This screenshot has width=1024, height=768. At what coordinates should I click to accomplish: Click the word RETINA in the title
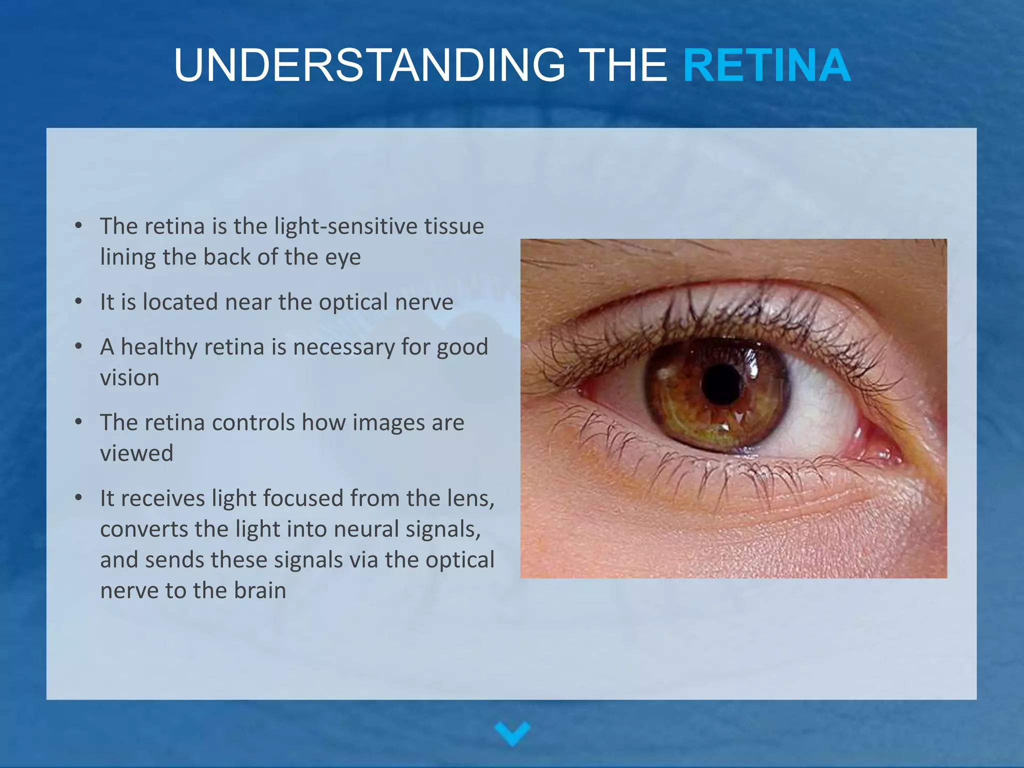766,66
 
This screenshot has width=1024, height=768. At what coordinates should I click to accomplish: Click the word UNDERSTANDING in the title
369,66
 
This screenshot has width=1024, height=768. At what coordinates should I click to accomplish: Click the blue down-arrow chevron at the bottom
512,733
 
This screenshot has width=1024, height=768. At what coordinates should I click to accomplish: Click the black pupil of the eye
721,384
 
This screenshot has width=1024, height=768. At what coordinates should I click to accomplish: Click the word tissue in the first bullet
454,226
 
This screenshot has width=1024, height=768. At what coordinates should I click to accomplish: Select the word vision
129,378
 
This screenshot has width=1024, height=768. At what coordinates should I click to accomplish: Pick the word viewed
136,453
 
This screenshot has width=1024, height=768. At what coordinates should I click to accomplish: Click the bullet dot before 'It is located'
78,302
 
